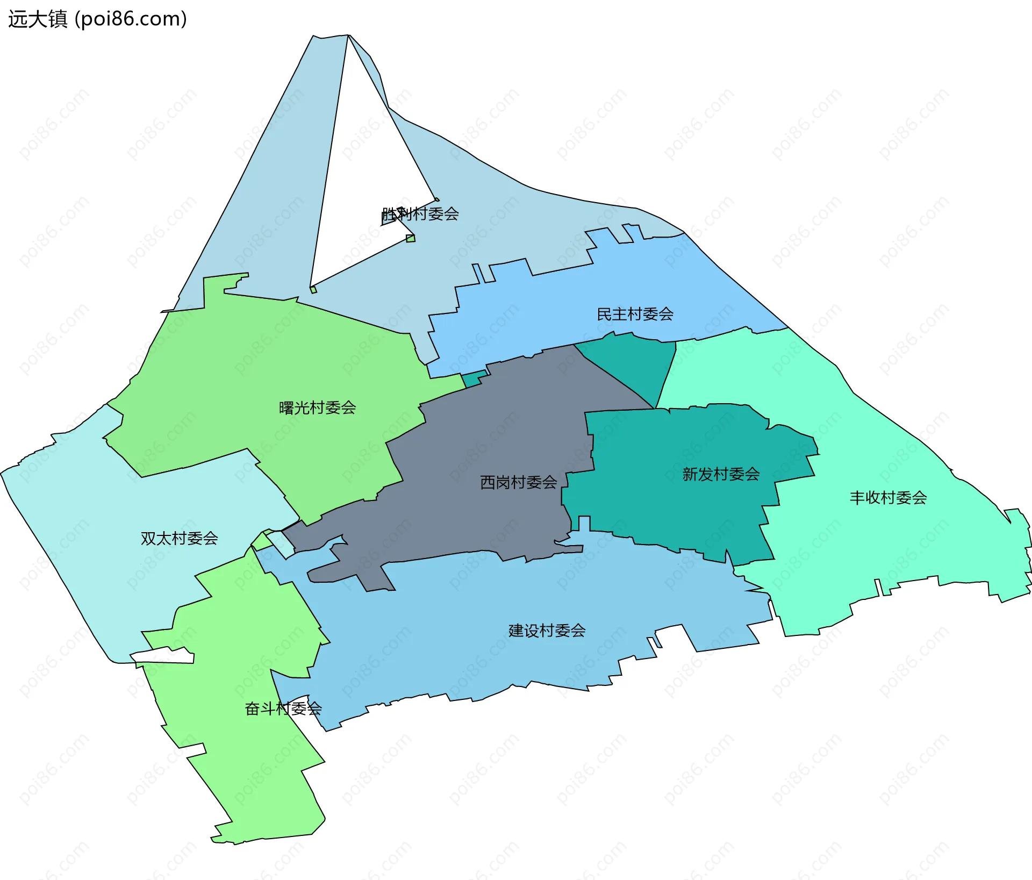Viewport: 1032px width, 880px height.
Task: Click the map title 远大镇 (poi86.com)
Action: [x=97, y=19]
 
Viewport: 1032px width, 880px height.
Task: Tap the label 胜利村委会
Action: [x=420, y=214]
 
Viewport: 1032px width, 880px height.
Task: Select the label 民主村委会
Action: [x=635, y=314]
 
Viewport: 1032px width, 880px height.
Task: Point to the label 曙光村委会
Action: [x=317, y=407]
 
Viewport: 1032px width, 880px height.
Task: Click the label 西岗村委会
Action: [x=518, y=482]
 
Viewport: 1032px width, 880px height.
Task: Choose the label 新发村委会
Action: [x=721, y=474]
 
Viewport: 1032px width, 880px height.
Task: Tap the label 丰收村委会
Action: [x=888, y=497]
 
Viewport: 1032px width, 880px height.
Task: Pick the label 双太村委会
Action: [x=179, y=538]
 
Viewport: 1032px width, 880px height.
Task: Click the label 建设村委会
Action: [x=547, y=630]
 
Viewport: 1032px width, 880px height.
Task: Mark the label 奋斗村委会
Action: [x=283, y=709]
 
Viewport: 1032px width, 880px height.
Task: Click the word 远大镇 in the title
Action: [x=38, y=19]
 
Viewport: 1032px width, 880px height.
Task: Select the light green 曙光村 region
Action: [x=269, y=366]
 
